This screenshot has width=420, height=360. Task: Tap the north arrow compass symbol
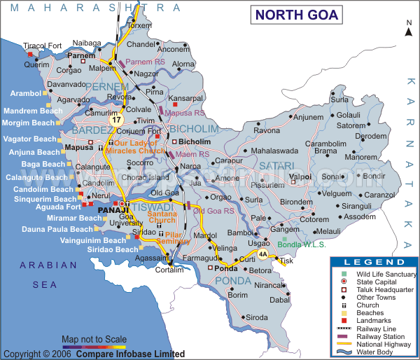coord(408,28)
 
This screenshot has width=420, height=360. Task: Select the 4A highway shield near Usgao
coord(262,254)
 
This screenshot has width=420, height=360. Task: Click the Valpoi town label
coord(300,176)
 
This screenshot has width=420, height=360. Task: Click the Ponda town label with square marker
coord(225,268)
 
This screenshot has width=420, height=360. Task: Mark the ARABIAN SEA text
coord(48,275)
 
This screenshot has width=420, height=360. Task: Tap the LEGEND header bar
coord(374,261)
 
